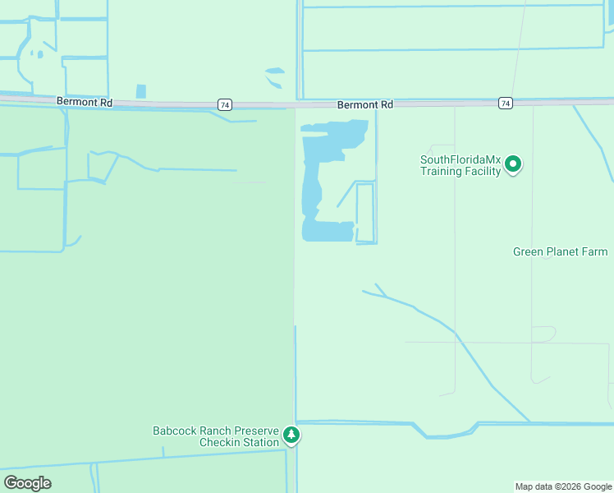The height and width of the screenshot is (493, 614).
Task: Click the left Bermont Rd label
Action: pos(84,100)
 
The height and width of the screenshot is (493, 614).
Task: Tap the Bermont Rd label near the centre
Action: pos(365,105)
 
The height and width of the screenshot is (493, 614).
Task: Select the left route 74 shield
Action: pos(225,104)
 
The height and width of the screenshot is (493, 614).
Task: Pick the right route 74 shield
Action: pos(505,103)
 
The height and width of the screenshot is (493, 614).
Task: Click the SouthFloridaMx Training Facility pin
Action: pos(513,164)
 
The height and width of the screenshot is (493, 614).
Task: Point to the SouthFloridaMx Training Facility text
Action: pos(460,165)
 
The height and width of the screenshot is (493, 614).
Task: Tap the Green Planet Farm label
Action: pos(561,251)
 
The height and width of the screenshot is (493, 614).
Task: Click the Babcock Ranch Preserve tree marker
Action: pos(291,435)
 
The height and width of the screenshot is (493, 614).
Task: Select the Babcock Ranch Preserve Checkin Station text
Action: pos(216,436)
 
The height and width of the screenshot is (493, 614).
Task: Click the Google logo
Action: pos(27,483)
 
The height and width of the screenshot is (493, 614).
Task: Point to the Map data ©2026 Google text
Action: pos(564,486)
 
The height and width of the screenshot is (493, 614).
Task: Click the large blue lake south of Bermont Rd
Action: pos(312,189)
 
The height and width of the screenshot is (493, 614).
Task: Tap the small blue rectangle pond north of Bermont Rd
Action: pos(140,91)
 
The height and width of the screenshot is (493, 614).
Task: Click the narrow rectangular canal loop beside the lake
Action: pos(365,213)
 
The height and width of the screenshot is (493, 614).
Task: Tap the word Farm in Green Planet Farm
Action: pos(594,251)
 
